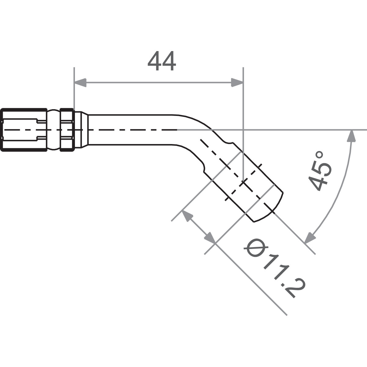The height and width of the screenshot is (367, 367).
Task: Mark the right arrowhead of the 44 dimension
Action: click(x=237, y=82)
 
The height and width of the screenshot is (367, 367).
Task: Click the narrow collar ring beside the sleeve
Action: click(x=67, y=130)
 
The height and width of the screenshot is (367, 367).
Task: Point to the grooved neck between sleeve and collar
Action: click(x=54, y=130)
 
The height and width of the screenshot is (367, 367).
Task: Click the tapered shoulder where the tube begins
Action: click(x=81, y=130)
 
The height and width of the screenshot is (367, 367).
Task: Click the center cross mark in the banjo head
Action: click(x=243, y=183)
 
